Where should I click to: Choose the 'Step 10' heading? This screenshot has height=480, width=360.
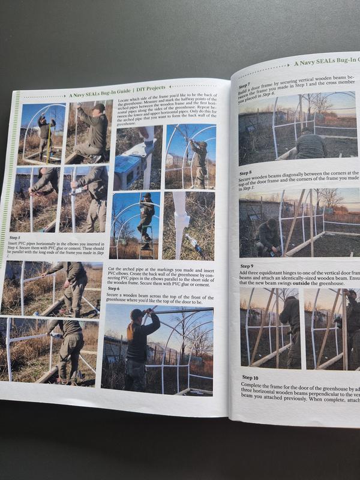pyautogui.click(x=251, y=377)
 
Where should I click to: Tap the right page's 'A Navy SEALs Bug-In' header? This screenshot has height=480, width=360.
pyautogui.click(x=325, y=62)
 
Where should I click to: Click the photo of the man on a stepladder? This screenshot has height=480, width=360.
pyautogui.click(x=136, y=225)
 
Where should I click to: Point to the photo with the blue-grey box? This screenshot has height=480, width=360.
pyautogui.click(x=136, y=157)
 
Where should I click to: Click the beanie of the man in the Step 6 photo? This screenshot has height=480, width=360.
pyautogui.click(x=136, y=313)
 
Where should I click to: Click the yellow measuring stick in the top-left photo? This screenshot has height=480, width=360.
pyautogui.click(x=49, y=141)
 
